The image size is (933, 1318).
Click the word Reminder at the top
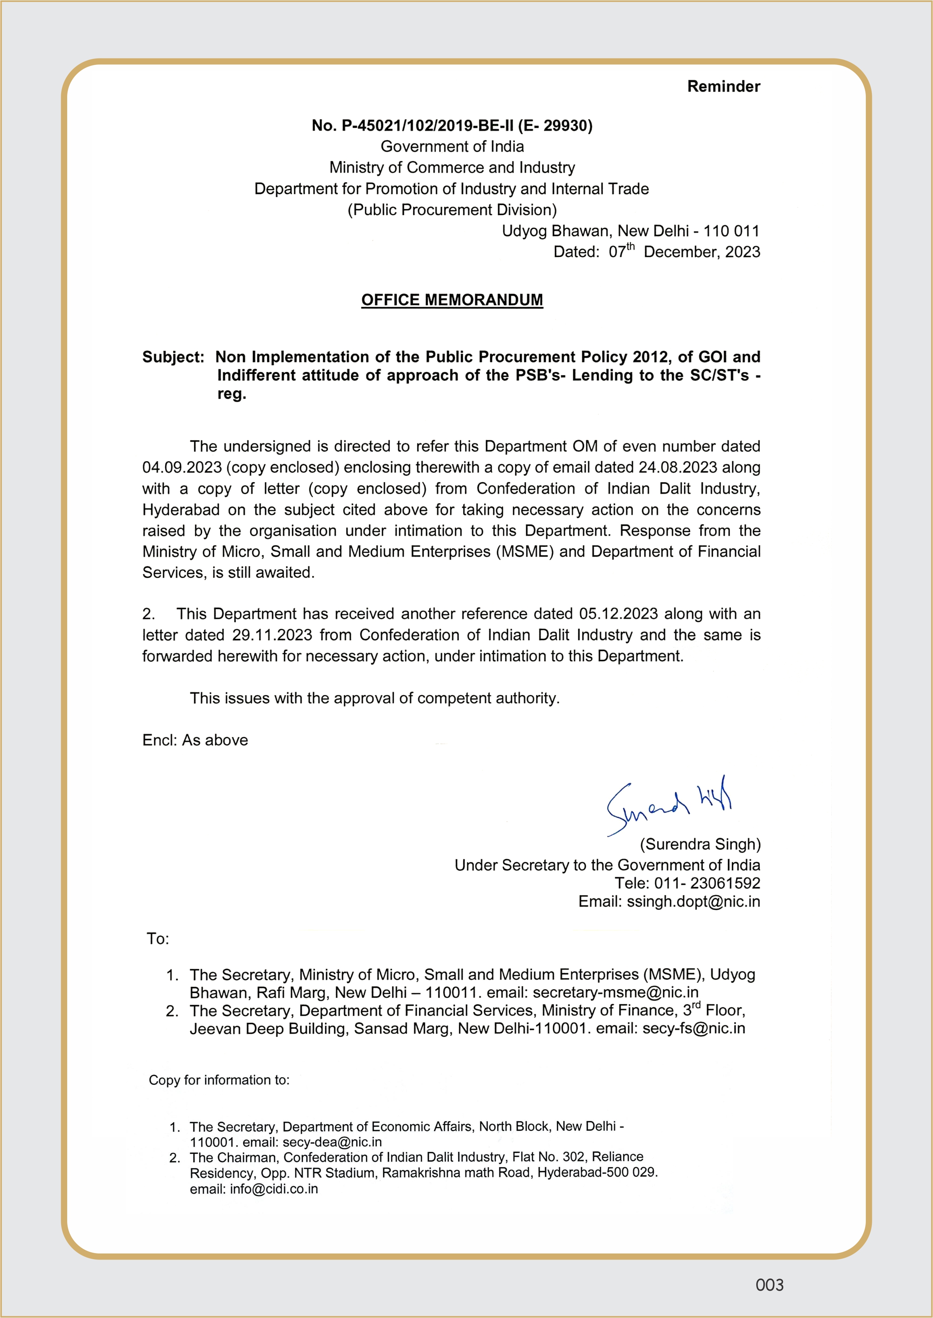723,87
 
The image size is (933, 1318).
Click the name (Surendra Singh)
700,844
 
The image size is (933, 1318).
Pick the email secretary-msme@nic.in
615,992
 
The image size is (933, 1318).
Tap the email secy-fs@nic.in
694,1029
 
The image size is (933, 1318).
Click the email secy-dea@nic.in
332,1142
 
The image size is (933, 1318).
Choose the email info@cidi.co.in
274,1189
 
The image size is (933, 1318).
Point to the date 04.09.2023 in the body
182,468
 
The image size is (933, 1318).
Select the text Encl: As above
195,740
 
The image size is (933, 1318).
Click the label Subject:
173,357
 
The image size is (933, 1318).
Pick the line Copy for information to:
219,1080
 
